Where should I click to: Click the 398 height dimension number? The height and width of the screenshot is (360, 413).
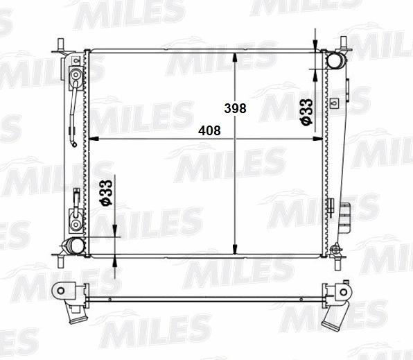tap(235, 108)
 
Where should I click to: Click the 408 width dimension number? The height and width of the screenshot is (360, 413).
tap(209, 130)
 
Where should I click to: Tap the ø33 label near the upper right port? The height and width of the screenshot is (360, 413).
tap(306, 112)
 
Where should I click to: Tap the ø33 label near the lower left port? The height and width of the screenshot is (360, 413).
tap(106, 193)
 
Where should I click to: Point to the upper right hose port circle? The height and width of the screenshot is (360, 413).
tap(335, 60)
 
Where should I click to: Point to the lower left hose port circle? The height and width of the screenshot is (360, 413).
tap(77, 246)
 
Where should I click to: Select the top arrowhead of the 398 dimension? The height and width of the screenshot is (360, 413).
tap(235, 58)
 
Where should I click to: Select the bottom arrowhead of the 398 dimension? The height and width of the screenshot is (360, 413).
tap(235, 250)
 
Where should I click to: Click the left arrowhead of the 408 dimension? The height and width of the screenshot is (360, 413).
tap(94, 139)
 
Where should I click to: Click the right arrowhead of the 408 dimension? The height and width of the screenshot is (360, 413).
tap(317, 139)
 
